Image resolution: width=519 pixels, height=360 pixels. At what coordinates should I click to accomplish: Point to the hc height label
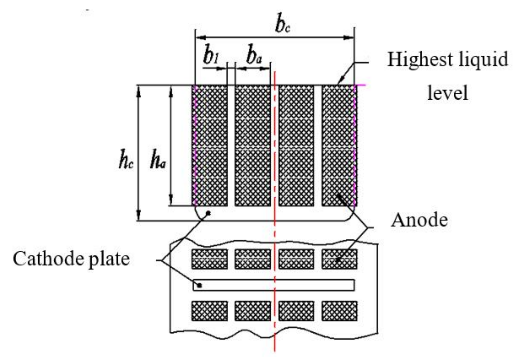[126, 162]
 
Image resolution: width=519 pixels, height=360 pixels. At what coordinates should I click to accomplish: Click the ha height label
[157, 162]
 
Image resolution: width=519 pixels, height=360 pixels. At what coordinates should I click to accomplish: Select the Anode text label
[419, 220]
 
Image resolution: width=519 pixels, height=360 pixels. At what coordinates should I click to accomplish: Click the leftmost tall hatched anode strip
[210, 145]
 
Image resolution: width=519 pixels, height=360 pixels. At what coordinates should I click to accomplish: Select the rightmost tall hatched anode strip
[339, 145]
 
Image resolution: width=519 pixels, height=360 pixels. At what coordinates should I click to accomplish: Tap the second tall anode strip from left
[253, 145]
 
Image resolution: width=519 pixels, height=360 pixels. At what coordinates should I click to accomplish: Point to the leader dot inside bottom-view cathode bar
[200, 286]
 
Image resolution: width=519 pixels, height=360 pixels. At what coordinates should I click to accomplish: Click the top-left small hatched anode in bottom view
[210, 259]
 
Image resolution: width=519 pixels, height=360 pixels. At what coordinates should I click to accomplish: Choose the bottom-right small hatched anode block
[339, 311]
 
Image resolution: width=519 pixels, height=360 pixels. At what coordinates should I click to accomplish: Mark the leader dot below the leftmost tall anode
[209, 213]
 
